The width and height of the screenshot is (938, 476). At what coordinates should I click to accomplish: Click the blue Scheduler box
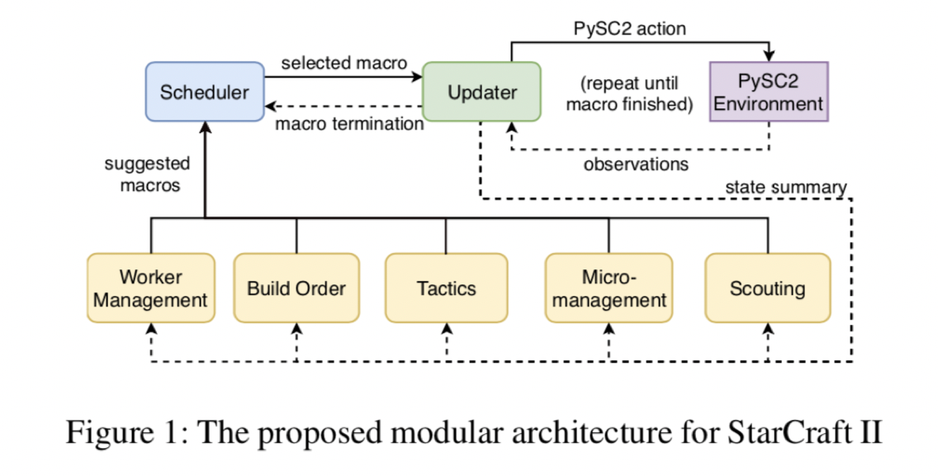pyautogui.click(x=204, y=92)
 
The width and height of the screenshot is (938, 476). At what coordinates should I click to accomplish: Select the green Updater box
pyautogui.click(x=482, y=92)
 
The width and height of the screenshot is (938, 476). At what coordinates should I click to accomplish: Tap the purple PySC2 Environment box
pyautogui.click(x=768, y=92)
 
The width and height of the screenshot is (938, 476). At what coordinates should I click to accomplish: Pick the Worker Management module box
pyautogui.click(x=150, y=288)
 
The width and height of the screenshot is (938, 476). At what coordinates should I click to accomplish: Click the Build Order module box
pyautogui.click(x=296, y=288)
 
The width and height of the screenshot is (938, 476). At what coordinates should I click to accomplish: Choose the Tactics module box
pyautogui.click(x=446, y=288)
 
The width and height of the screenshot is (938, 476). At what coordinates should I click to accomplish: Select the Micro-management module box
pyautogui.click(x=609, y=288)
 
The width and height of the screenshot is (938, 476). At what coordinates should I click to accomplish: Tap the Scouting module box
pyautogui.click(x=767, y=288)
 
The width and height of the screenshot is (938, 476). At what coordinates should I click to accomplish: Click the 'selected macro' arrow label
pyautogui.click(x=343, y=63)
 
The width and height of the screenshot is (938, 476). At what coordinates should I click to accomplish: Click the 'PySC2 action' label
pyautogui.click(x=629, y=28)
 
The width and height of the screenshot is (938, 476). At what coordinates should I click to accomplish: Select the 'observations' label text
pyautogui.click(x=636, y=164)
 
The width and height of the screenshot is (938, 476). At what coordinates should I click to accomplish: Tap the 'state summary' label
pyautogui.click(x=785, y=188)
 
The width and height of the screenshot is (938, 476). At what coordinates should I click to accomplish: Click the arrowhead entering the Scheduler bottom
pyautogui.click(x=204, y=128)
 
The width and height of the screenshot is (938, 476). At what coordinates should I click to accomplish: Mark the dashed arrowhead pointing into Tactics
pyautogui.click(x=446, y=329)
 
